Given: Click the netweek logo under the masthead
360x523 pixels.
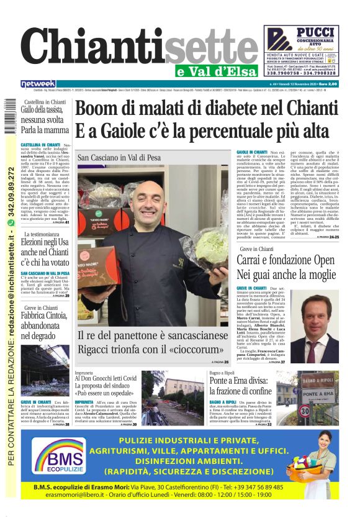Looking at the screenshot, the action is tap(38, 84).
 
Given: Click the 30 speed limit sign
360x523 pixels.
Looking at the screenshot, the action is tap(304, 411).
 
